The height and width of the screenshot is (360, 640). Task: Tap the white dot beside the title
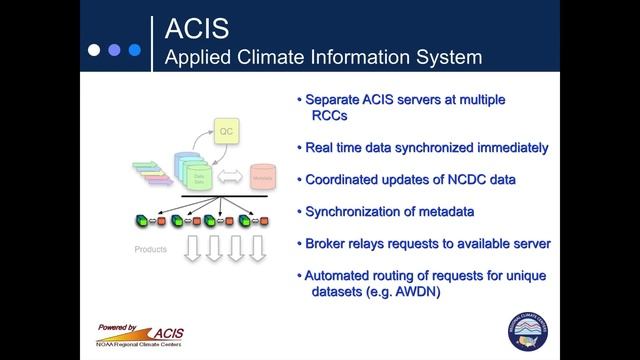point(93,48)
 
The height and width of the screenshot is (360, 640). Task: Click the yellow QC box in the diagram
point(227,131)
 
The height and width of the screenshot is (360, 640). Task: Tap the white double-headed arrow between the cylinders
point(230,178)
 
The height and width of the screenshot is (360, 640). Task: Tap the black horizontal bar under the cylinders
point(215,197)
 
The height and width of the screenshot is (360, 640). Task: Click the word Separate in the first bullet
point(337,100)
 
